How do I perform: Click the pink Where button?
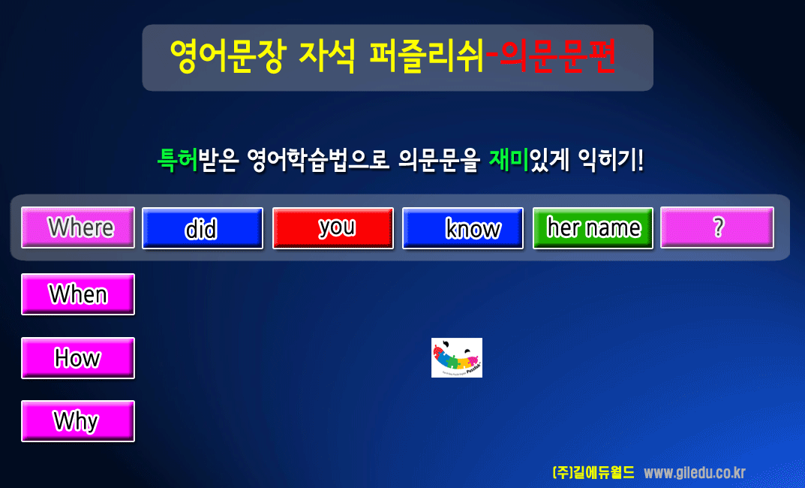coord(78,227)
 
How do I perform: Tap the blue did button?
coord(203,228)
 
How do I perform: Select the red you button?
coord(333,228)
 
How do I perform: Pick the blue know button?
coord(463,228)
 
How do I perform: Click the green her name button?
coord(593,228)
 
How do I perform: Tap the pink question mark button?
coord(717,227)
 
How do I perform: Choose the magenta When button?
coord(78,294)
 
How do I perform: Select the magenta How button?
coord(78,358)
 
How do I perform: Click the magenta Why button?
coord(78,421)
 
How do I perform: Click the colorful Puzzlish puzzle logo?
coord(457,357)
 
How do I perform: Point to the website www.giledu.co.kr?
coord(695,472)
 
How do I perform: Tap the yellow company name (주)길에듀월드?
coord(593,472)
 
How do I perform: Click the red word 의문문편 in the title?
coord(557,56)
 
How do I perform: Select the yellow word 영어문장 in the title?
coord(227,56)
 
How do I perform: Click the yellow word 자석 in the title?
coord(326,56)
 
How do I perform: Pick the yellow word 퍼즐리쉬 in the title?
coord(427,56)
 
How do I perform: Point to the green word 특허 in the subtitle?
coord(178,160)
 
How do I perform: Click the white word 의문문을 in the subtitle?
coord(440,160)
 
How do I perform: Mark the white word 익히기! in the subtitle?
coord(611,160)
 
